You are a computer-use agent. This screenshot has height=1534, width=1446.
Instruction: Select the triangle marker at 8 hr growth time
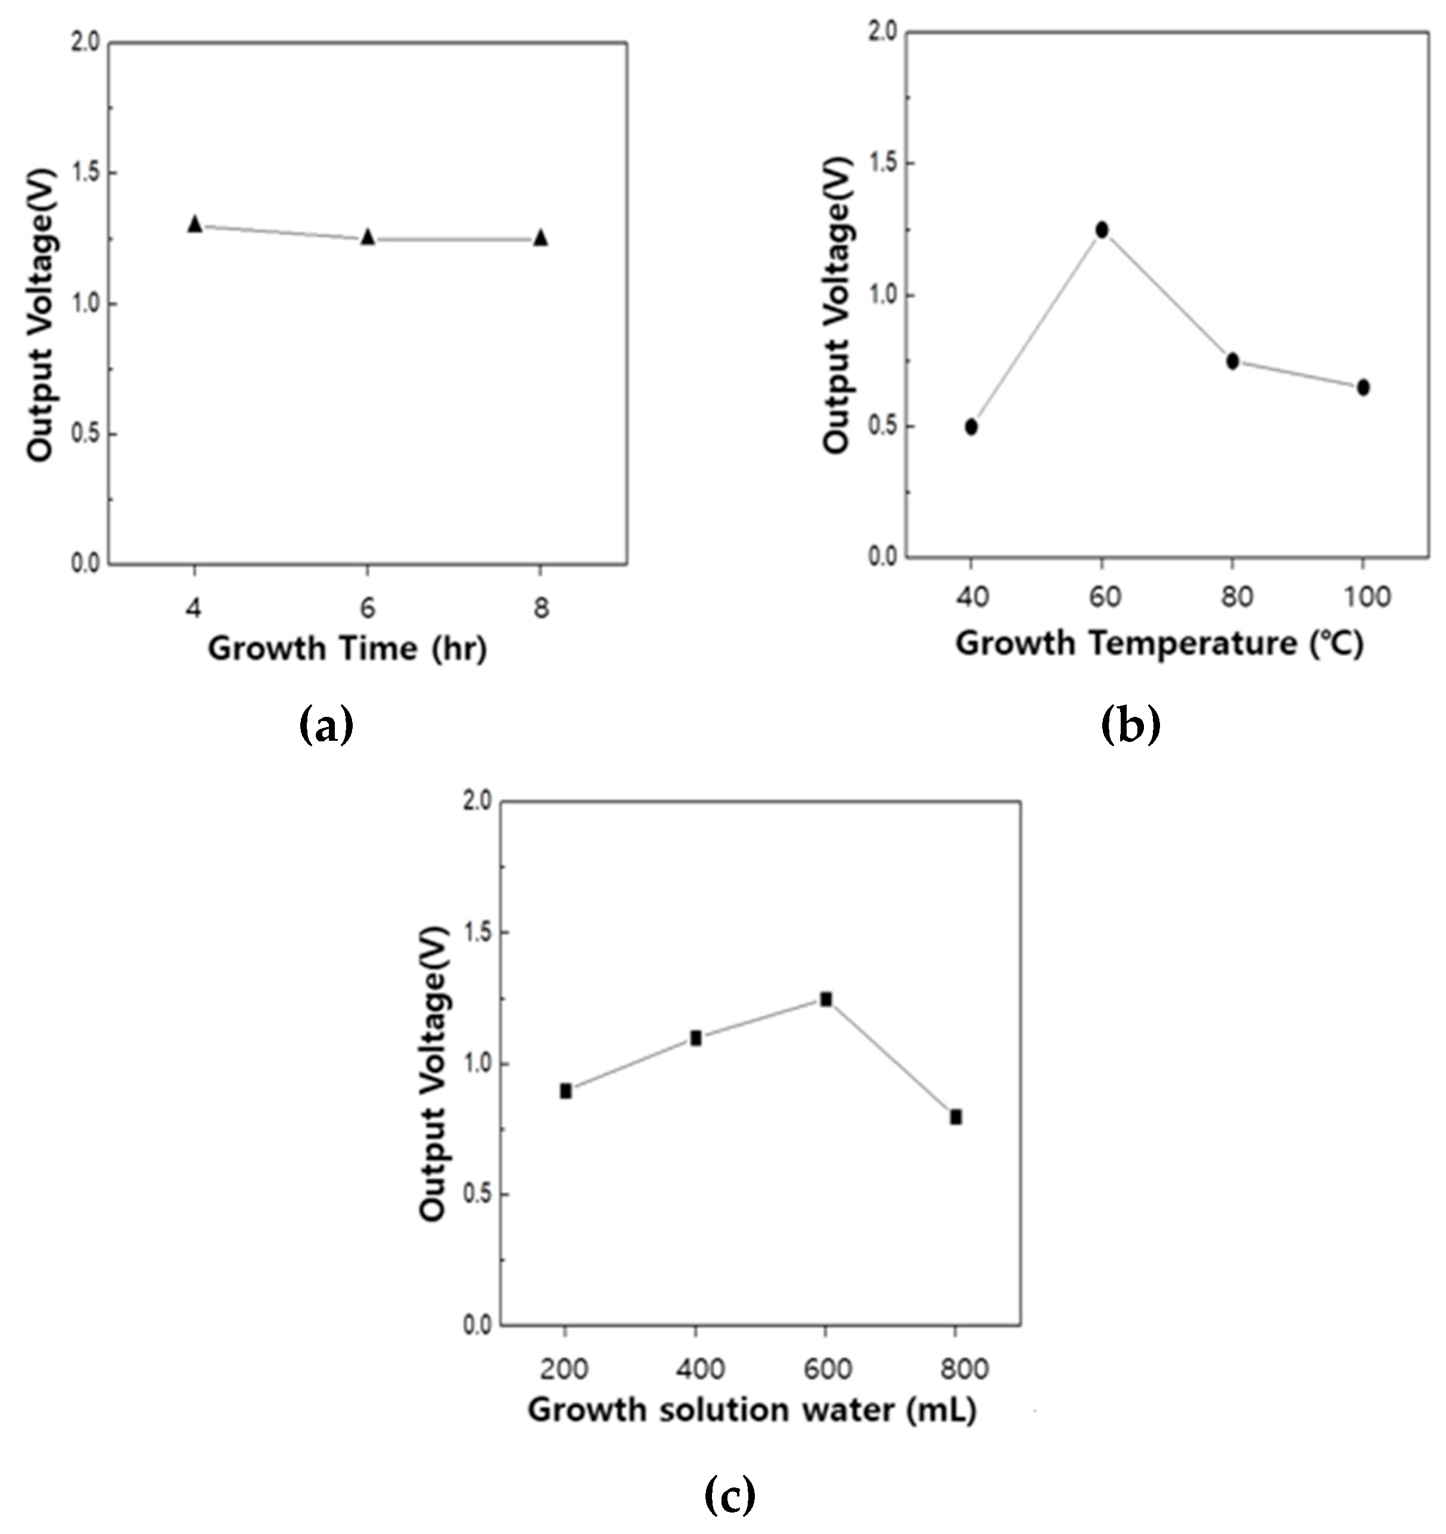pos(541,237)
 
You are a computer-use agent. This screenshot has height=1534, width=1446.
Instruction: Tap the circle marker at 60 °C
pos(1102,230)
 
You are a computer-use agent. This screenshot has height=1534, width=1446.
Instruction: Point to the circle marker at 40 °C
pos(972,427)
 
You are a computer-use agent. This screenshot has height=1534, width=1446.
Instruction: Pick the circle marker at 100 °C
pos(1363,387)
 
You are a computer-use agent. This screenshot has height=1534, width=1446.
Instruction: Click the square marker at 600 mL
pos(826,999)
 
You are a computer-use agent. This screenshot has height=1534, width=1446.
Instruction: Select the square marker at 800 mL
pos(956,1117)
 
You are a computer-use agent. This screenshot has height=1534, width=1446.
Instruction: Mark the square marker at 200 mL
pos(565,1091)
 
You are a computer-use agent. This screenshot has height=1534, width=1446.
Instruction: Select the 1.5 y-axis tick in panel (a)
pos(86,173)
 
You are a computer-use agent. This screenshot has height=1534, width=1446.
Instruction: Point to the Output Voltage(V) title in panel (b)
pos(837,305)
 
